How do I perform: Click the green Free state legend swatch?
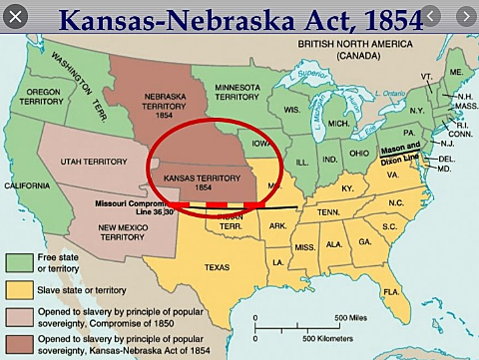17,260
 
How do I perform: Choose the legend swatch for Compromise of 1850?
17,316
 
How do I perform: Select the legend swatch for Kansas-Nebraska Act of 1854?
17,343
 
